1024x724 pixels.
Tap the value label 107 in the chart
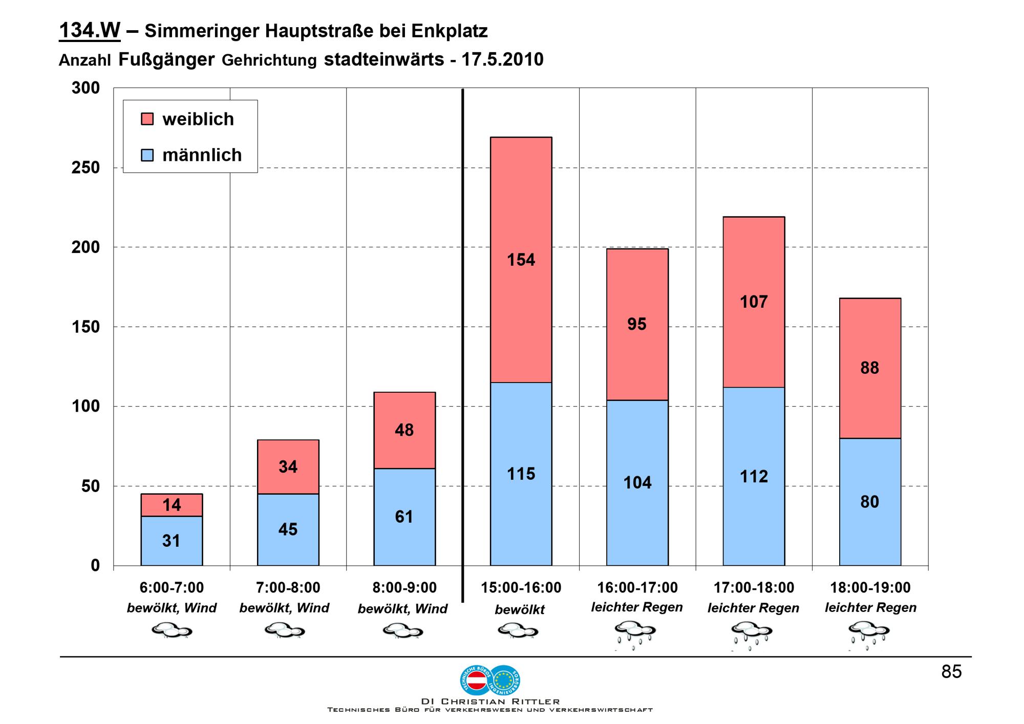754,302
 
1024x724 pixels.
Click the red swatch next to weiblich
147,119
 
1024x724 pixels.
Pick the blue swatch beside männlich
147,155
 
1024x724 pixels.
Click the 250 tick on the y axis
86,168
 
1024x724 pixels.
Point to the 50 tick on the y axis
91,486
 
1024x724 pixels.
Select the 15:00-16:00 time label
521,588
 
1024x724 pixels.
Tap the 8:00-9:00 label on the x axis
404,588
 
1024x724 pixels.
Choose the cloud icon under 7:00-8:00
285,630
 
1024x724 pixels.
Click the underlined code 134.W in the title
90,31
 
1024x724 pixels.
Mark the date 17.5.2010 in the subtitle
502,60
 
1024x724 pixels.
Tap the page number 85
951,672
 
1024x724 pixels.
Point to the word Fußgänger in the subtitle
166,60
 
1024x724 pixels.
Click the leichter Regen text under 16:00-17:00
637,607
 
